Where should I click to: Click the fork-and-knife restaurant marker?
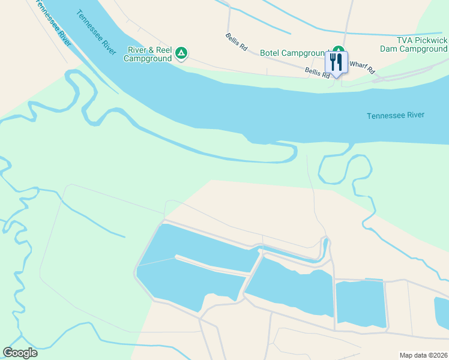tap(336, 62)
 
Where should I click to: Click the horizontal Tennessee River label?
tap(396, 115)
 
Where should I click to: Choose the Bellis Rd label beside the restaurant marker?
tap(317, 73)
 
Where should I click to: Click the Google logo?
tap(20, 353)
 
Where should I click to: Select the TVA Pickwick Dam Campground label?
tap(414, 44)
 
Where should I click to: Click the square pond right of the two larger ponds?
tap(360, 304)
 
